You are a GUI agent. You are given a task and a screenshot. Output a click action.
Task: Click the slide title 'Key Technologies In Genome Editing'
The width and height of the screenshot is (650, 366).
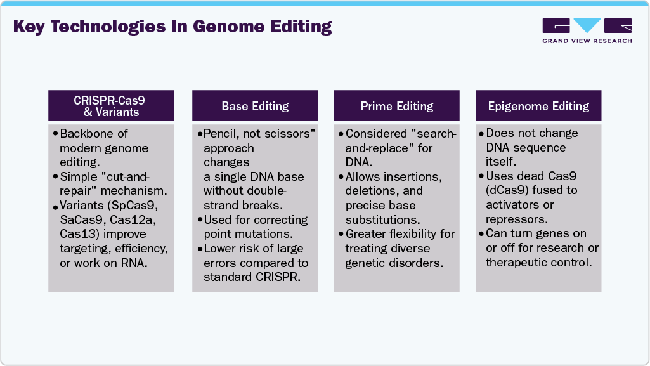172,27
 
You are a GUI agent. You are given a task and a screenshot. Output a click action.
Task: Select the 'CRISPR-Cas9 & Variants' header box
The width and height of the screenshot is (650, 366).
112,105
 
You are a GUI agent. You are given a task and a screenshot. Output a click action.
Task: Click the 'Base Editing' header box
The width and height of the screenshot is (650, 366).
255,106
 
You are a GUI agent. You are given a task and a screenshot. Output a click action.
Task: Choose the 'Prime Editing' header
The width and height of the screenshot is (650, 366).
397,106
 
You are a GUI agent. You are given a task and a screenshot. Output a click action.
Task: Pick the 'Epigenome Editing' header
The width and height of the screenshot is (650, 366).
538,106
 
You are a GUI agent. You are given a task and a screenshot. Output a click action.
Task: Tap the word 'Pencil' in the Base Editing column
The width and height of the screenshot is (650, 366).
222,133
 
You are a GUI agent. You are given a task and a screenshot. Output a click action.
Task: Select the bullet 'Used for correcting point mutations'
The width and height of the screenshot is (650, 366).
255,226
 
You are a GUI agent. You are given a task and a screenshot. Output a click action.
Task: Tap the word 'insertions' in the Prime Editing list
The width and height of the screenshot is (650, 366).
413,176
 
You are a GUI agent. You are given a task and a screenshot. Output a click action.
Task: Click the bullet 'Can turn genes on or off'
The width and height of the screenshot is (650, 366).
540,247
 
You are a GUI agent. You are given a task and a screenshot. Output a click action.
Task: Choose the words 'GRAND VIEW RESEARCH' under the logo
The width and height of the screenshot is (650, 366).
587,41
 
